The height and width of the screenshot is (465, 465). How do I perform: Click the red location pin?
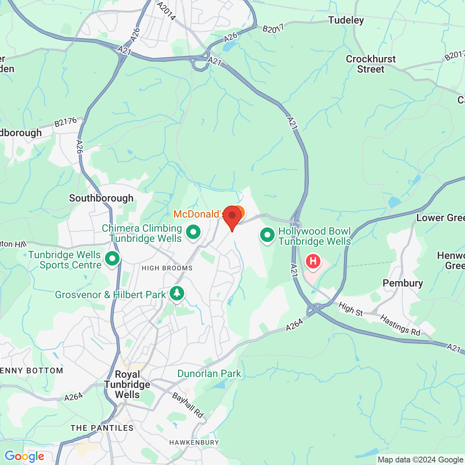(232, 217)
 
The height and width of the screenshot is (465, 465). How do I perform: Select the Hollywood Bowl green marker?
(267, 235)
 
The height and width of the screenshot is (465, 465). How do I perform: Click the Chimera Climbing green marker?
(193, 232)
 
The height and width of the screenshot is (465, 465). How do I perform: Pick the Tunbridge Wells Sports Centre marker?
(112, 259)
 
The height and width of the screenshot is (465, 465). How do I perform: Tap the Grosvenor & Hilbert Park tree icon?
(177, 293)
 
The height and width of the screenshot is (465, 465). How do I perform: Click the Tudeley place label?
(346, 20)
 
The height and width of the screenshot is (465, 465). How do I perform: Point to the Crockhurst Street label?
(371, 64)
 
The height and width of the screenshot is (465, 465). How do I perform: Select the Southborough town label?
(101, 198)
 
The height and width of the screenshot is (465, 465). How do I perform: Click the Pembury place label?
(403, 283)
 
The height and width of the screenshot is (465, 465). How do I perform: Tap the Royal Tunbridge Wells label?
(127, 384)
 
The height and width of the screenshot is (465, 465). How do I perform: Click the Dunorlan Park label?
(209, 373)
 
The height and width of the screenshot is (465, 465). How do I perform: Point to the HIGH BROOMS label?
(167, 268)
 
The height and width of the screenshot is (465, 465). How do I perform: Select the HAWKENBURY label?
(194, 442)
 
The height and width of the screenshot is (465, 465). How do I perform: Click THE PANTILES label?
(102, 428)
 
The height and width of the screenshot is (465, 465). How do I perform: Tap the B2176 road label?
(65, 122)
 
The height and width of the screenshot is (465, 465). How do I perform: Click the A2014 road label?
(166, 11)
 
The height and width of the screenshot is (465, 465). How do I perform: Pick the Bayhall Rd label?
(188, 405)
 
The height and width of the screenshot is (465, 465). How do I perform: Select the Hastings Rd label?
(400, 325)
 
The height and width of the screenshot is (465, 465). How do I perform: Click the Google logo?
(24, 456)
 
